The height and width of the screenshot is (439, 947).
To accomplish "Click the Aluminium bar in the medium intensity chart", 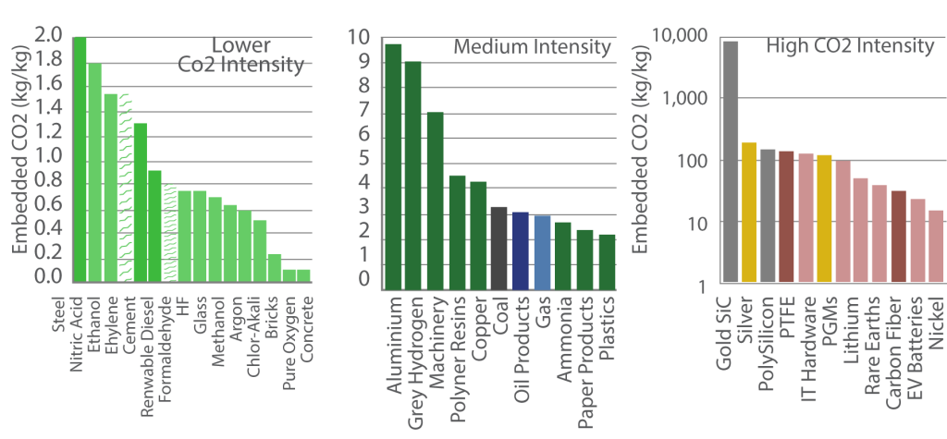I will [x=394, y=166].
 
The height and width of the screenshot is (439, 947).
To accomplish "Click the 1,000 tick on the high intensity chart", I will [x=679, y=99].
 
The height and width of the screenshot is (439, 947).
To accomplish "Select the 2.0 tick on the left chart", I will [x=48, y=36].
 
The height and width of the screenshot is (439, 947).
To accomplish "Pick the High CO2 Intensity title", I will [x=850, y=46].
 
